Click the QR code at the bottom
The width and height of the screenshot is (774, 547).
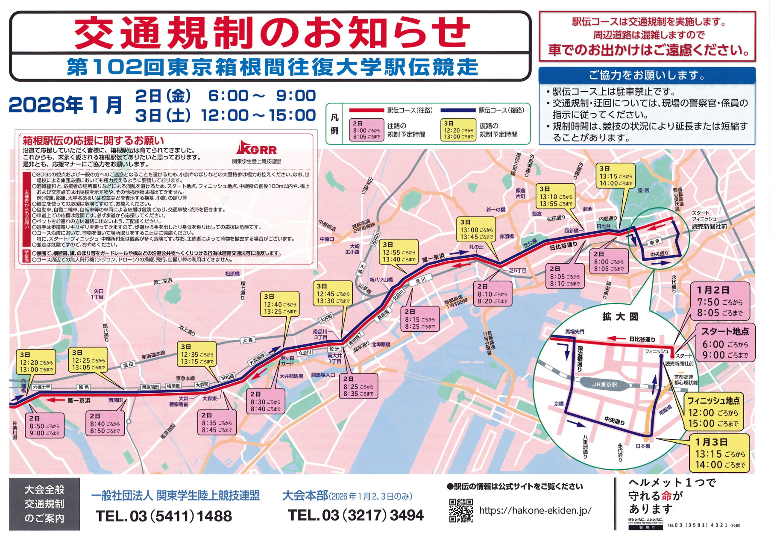pyautogui.click(x=461, y=510)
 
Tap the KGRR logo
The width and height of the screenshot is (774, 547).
pyautogui.click(x=256, y=148)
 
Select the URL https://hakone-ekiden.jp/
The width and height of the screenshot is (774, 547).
pyautogui.click(x=535, y=510)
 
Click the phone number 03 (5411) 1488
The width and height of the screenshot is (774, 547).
pyautogui.click(x=164, y=516)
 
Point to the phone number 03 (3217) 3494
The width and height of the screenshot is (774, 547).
pyautogui.click(x=355, y=515)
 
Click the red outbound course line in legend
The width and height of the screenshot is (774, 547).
pyautogui.click(x=366, y=110)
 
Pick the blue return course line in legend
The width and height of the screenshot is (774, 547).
pyautogui.click(x=458, y=110)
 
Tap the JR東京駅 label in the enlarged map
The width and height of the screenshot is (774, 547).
pyautogui.click(x=604, y=385)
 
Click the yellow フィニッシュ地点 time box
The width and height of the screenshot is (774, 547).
pyautogui.click(x=714, y=412)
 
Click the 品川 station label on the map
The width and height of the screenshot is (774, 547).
pyautogui.click(x=420, y=280)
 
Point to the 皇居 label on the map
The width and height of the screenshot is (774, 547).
pyautogui.click(x=643, y=191)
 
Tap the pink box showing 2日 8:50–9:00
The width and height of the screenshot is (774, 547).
pyautogui.click(x=44, y=426)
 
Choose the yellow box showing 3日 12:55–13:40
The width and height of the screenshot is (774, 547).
pyautogui.click(x=399, y=252)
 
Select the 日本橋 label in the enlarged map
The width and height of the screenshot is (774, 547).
pyautogui.click(x=643, y=446)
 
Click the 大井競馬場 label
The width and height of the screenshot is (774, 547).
pyautogui.click(x=291, y=376)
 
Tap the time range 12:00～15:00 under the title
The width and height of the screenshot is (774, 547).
pyautogui.click(x=258, y=115)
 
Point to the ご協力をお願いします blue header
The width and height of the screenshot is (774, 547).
pyautogui.click(x=647, y=75)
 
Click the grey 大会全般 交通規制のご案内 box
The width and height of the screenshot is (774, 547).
pyautogui.click(x=44, y=504)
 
